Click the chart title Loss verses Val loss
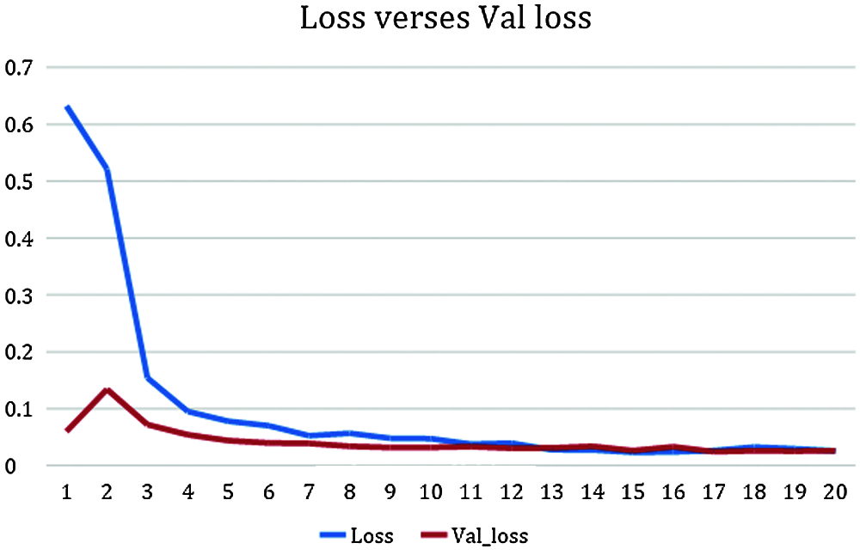(x=445, y=19)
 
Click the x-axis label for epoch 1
(x=66, y=492)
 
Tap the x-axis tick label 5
(x=229, y=492)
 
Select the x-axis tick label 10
(x=430, y=492)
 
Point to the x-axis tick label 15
(x=632, y=492)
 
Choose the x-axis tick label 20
(x=834, y=492)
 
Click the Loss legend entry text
(x=372, y=537)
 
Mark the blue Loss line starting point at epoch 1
(x=67, y=107)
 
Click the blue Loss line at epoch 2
(x=107, y=169)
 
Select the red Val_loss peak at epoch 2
(x=107, y=390)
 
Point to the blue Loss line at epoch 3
(x=148, y=377)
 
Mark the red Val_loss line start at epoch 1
(x=67, y=430)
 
